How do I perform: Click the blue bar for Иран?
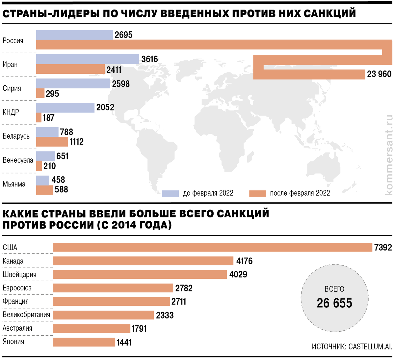(x=87, y=59)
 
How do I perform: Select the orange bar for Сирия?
(x=40, y=93)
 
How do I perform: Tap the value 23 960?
(x=379, y=74)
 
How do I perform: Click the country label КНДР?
(x=11, y=112)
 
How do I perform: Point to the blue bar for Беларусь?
(x=47, y=132)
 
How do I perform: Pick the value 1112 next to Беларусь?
(x=77, y=142)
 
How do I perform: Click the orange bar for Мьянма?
(x=44, y=190)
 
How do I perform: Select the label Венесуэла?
(x=18, y=160)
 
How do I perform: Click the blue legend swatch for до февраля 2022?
(x=171, y=193)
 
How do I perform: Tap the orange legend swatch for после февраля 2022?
(x=257, y=193)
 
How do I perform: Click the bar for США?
(x=212, y=247)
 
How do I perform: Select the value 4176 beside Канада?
(x=244, y=261)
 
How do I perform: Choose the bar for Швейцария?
(x=140, y=274)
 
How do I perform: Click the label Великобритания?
(x=26, y=315)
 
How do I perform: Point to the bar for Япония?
(x=84, y=342)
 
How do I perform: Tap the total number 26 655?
(x=334, y=303)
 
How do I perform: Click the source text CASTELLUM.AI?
(x=370, y=346)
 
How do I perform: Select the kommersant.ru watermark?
(x=389, y=155)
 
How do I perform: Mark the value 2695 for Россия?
(x=123, y=35)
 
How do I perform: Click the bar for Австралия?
(x=92, y=328)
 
